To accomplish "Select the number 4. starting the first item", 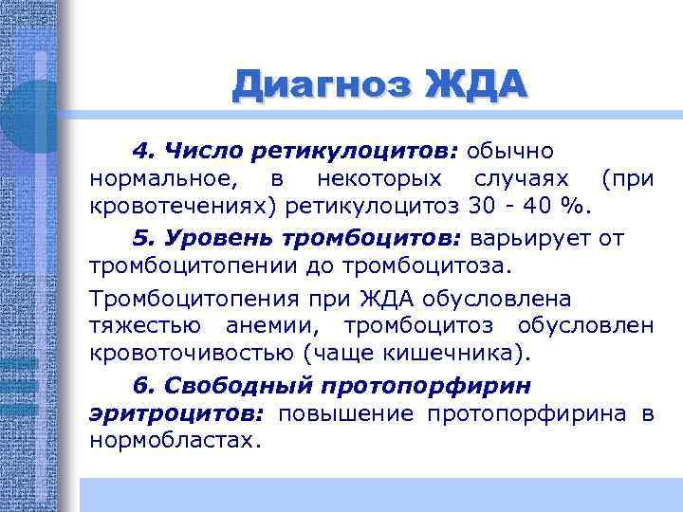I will tap(144, 152).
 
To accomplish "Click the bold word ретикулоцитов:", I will tap(355, 152).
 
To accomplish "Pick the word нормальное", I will tap(157, 178).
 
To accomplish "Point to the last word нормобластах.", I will tap(173, 440).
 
